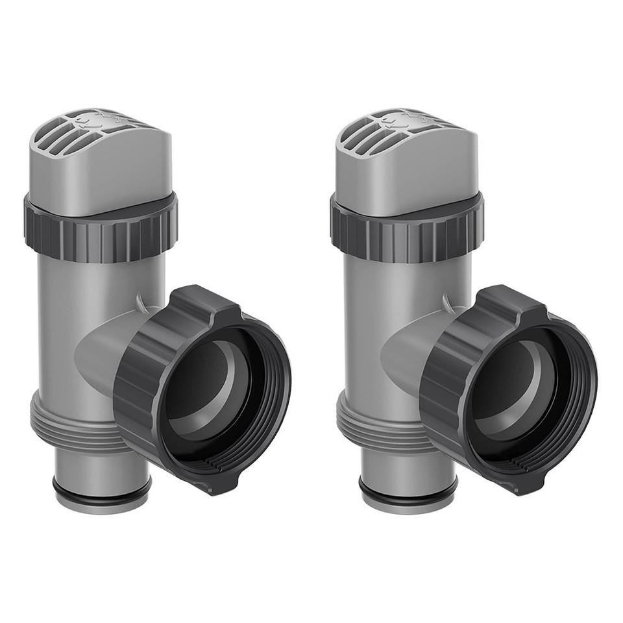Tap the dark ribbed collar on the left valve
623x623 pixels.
(101, 234)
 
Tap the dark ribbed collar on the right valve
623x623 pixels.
(407, 234)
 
